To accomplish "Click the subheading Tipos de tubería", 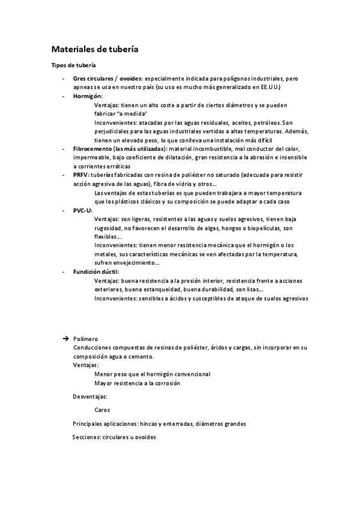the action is click(72, 65).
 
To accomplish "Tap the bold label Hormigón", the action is click(88, 96).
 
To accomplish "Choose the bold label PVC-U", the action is click(83, 211).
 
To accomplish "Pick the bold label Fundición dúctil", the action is click(96, 272).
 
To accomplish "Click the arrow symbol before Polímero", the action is click(66, 339).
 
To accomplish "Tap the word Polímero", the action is click(85, 339).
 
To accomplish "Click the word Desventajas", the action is click(90, 396).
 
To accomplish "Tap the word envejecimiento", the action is click(134, 263).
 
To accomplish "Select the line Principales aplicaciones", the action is click(159, 423).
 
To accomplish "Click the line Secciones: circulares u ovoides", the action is click(114, 437).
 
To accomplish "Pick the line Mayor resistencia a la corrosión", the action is click(137, 382).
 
